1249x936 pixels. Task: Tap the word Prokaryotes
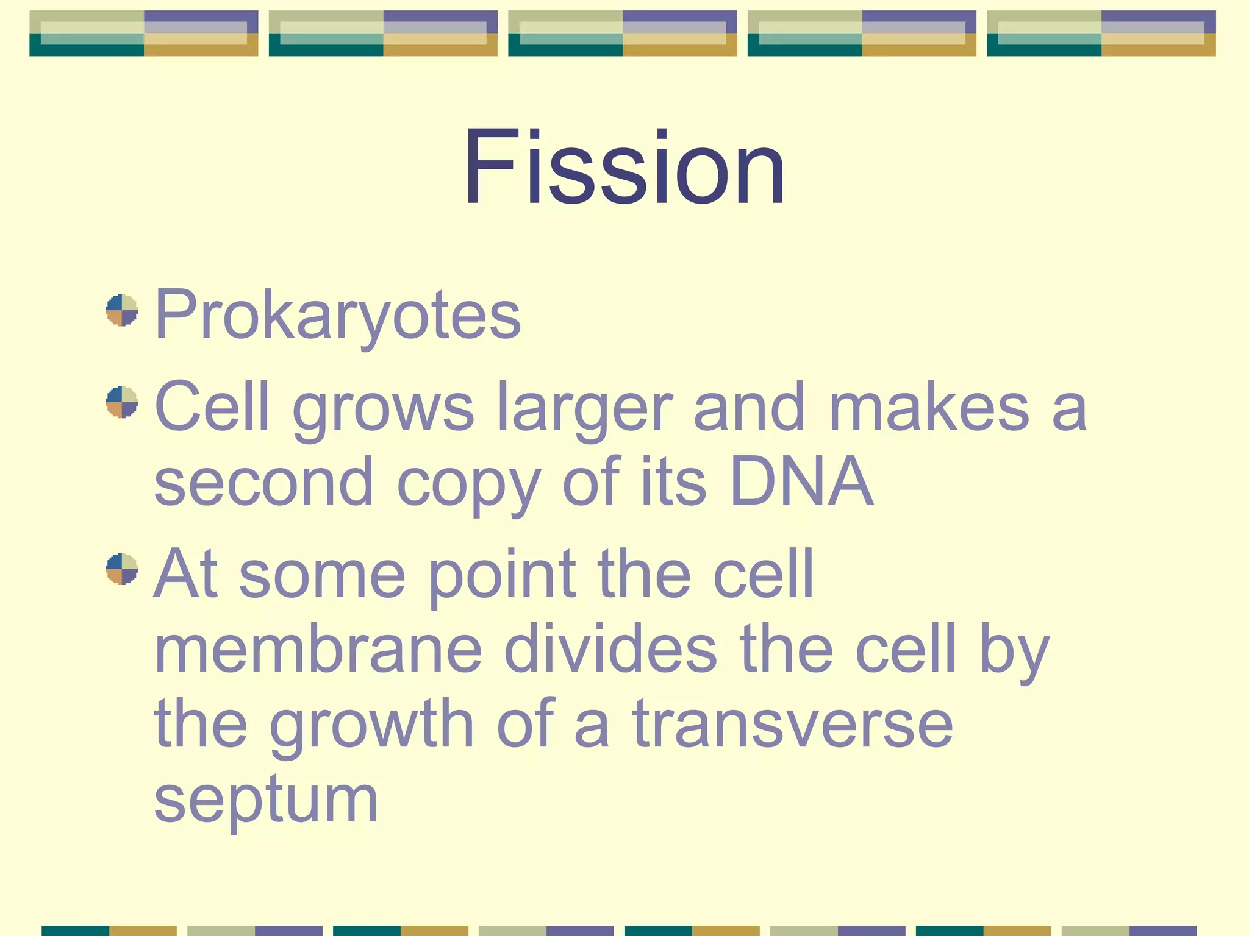point(337,314)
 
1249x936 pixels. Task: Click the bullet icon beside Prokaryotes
point(121,310)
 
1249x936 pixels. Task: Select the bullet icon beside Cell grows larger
point(121,402)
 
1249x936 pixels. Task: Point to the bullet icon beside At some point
point(121,569)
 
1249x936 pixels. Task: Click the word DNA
point(801,481)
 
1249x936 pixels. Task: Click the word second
point(263,483)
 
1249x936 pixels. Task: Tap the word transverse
point(792,725)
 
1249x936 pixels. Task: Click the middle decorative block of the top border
point(623,34)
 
